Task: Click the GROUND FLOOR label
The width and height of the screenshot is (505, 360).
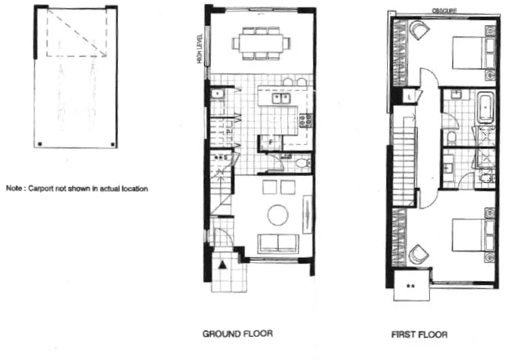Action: click(237, 333)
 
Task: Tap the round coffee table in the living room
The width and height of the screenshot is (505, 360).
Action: click(277, 215)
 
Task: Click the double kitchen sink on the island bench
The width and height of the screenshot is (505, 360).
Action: click(282, 98)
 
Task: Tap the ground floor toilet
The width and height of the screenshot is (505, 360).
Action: click(301, 162)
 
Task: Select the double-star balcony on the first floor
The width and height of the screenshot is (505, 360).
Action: click(411, 286)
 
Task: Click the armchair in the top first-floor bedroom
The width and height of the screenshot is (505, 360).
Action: click(418, 32)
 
